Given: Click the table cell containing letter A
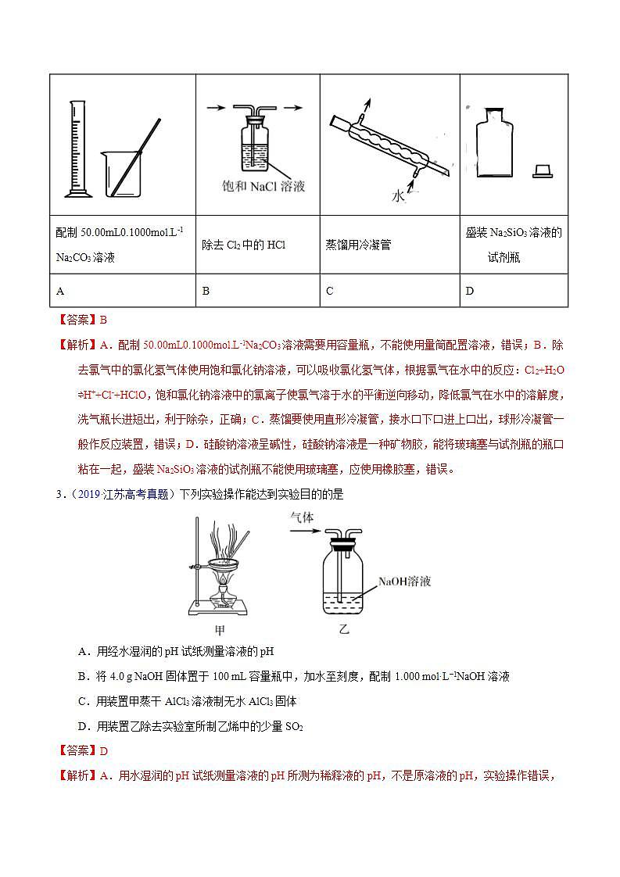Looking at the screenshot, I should (122, 291).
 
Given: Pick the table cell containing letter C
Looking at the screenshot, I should (389, 291).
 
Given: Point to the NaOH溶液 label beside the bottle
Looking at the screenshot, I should (405, 582).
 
